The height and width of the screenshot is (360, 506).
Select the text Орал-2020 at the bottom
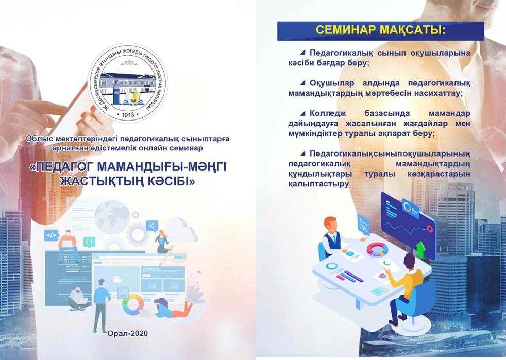[128, 333]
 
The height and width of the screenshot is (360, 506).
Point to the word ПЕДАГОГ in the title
[63, 167]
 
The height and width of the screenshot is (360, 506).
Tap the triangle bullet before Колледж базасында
[302, 113]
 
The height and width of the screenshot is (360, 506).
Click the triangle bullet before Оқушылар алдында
[302, 83]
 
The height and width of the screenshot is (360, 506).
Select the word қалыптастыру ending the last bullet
[318, 184]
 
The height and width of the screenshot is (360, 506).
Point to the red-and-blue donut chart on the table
[378, 249]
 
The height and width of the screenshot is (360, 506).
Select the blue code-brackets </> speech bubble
[52, 235]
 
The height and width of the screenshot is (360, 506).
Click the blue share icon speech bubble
[151, 226]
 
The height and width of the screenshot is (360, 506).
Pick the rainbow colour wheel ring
[132, 304]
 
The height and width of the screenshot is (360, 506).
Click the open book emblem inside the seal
[132, 98]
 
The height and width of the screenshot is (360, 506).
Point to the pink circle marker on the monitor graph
[429, 228]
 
